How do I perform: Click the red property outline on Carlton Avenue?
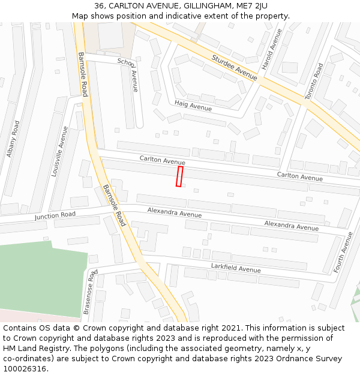click(179, 176)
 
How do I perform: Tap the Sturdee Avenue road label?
click(234, 66)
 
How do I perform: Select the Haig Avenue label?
click(193, 106)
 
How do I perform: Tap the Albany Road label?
click(13, 139)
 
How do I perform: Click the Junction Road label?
click(55, 215)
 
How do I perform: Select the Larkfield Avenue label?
click(235, 268)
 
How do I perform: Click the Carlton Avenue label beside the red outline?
click(162, 160)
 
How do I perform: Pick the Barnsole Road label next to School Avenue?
click(83, 74)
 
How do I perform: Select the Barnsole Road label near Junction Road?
click(113, 205)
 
